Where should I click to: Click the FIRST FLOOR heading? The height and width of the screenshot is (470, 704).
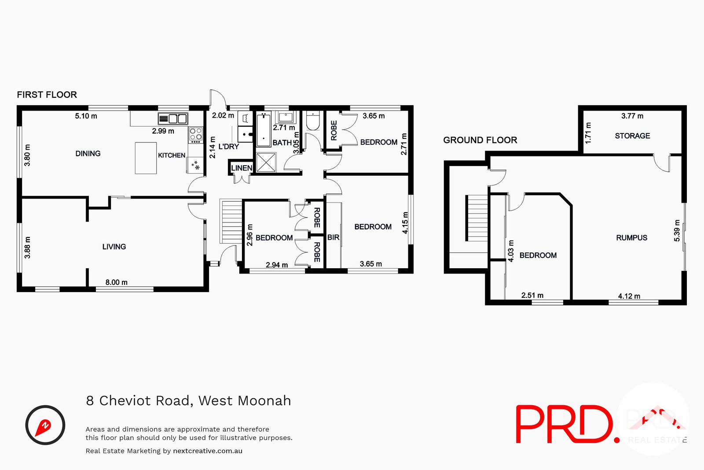tap(47, 95)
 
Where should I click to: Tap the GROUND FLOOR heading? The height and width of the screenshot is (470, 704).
tap(480, 140)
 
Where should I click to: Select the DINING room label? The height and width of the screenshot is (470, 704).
tap(88, 154)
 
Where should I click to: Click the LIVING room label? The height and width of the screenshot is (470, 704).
tap(114, 247)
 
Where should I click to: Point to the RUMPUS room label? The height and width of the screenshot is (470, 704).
tap(631, 238)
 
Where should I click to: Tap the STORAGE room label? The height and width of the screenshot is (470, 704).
tap(632, 136)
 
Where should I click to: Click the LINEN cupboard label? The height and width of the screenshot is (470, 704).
tap(242, 168)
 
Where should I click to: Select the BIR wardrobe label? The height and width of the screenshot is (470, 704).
tap(333, 237)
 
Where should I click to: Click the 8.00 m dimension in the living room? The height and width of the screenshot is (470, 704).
tap(116, 282)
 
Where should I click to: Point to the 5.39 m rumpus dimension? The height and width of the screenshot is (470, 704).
tap(677, 231)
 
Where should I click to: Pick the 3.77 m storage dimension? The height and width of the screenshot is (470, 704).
tap(632, 116)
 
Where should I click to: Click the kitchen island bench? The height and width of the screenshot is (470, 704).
tap(146, 158)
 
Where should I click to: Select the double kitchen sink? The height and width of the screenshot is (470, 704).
tap(173, 118)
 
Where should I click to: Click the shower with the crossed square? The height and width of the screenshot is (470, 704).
tap(266, 163)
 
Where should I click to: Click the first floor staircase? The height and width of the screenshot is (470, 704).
tap(231, 221)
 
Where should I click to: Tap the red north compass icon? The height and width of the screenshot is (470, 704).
tap(45, 425)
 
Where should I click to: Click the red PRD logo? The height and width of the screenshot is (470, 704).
tap(568, 424)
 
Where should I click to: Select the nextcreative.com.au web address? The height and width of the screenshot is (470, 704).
tap(208, 451)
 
